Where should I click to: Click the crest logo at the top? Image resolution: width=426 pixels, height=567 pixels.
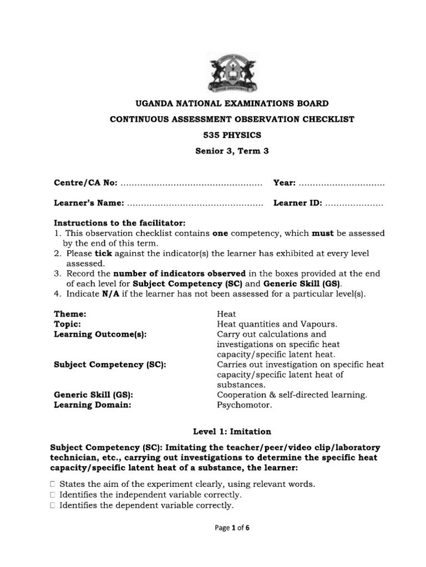pyautogui.click(x=232, y=73)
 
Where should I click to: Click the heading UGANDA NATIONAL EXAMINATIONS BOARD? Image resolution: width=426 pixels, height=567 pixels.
pyautogui.click(x=232, y=104)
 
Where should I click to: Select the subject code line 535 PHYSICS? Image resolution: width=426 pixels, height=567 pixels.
pyautogui.click(x=232, y=135)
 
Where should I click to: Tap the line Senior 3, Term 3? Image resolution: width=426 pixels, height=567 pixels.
pyautogui.click(x=232, y=150)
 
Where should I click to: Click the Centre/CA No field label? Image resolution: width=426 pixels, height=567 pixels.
pyautogui.click(x=85, y=183)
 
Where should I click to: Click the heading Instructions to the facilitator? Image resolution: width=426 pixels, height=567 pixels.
pyautogui.click(x=119, y=223)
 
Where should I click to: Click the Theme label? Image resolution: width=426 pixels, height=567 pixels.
pyautogui.click(x=70, y=314)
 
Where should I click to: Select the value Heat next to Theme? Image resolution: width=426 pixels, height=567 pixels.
pyautogui.click(x=226, y=314)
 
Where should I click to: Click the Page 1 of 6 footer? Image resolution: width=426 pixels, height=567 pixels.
pyautogui.click(x=232, y=544)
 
